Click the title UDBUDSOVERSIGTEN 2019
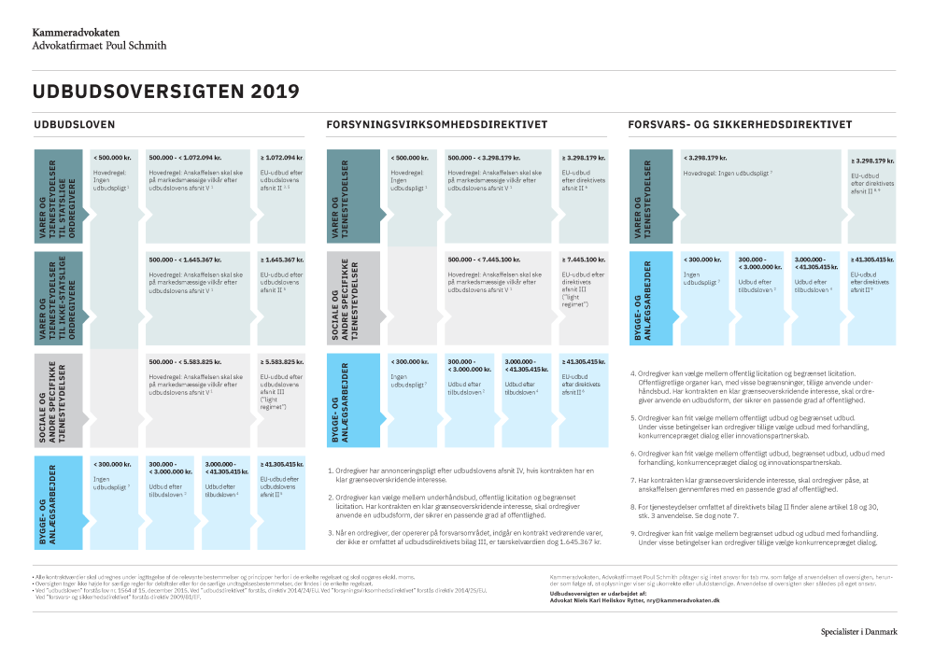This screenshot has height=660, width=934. [x=165, y=91]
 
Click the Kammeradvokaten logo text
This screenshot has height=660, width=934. [x=76, y=31]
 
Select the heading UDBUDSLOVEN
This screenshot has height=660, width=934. [x=74, y=124]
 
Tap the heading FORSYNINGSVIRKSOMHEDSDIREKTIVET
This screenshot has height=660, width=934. [x=436, y=124]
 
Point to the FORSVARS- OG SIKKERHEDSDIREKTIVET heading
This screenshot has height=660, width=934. [x=740, y=124]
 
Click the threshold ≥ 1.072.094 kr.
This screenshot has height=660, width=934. [x=280, y=158]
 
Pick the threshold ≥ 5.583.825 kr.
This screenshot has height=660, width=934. [x=280, y=361]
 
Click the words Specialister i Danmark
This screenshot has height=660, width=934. [x=859, y=631]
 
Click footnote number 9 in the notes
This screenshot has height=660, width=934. [x=635, y=531]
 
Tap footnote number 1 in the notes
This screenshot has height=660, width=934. [x=331, y=470]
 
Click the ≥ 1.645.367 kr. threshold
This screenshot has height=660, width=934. [x=280, y=259]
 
